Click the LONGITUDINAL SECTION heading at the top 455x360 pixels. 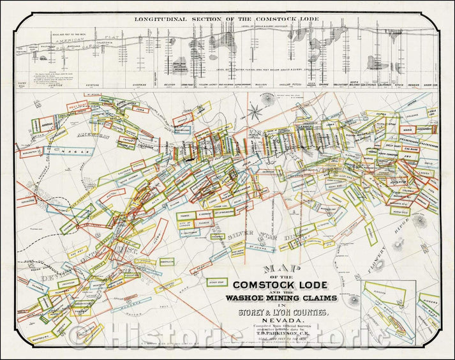coord(227,19)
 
